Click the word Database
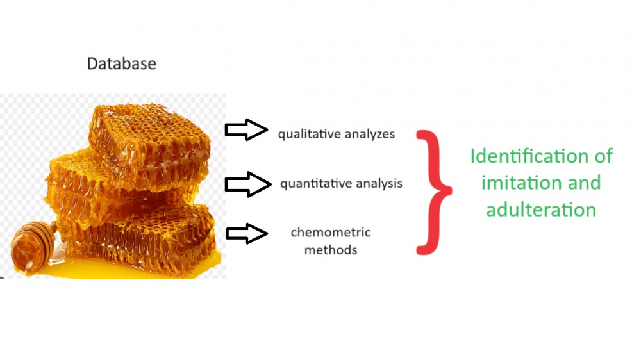pos(121,64)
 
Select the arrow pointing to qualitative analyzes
pos(247,130)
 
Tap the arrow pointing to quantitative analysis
pos(248,184)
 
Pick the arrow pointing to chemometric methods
pos(247,234)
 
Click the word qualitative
pos(309,134)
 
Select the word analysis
pos(379,183)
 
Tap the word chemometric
pos(331,232)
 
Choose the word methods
pos(331,250)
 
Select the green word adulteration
pos(541,209)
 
